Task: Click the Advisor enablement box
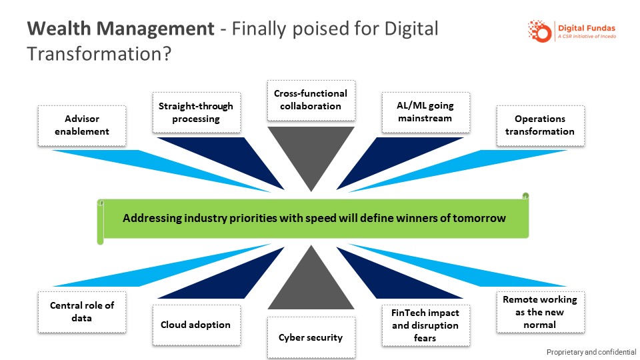(82, 125)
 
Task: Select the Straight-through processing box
(196, 113)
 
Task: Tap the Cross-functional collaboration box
(311, 100)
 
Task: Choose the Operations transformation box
(539, 125)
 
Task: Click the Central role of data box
(82, 311)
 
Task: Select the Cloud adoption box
(196, 325)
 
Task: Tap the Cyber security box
(311, 337)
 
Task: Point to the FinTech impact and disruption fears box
(425, 325)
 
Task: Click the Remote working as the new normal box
(539, 312)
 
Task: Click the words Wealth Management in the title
(121, 29)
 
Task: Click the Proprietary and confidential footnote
(591, 352)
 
